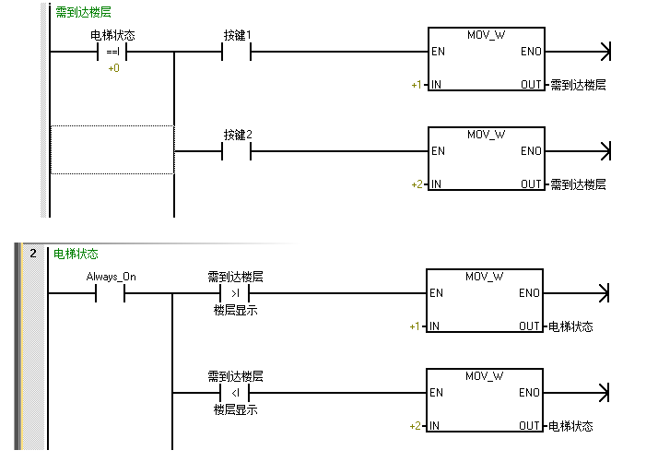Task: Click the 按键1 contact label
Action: pos(237,35)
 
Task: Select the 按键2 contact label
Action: pos(237,135)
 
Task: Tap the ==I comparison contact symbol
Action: pos(112,52)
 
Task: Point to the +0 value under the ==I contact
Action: pos(112,68)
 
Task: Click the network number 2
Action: pos(32,254)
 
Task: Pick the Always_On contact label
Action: pos(111,276)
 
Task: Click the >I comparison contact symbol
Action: pos(235,293)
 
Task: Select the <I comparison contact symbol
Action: pos(235,393)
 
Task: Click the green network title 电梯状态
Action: pos(76,254)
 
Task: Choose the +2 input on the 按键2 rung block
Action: pos(417,184)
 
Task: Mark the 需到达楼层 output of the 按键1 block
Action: pos(578,85)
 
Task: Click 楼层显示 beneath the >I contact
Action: pos(235,310)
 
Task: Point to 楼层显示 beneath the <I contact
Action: pos(235,409)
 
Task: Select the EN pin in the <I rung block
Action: pos(437,393)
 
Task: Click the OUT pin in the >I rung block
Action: pos(530,326)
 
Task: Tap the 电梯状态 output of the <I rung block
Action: pos(570,426)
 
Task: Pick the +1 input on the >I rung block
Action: pos(415,326)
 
